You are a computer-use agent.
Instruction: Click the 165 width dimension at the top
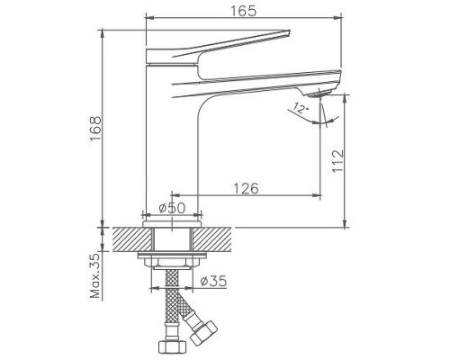click(240, 11)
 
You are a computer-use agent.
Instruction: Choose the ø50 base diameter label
click(172, 209)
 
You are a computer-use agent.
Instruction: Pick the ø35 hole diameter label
click(212, 281)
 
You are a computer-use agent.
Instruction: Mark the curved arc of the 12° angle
click(331, 117)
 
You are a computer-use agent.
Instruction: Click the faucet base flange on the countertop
click(171, 219)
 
